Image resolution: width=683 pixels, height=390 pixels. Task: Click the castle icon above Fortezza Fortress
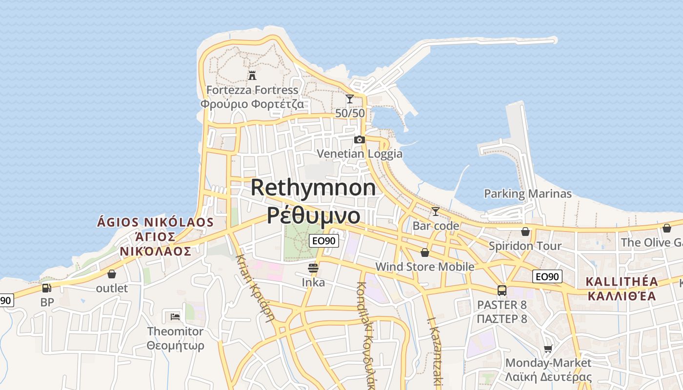point(252,76)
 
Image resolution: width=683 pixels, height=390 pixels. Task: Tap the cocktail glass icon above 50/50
point(349,99)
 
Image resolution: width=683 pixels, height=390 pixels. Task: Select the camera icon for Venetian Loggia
point(360,140)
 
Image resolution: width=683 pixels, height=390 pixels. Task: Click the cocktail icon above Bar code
point(436,212)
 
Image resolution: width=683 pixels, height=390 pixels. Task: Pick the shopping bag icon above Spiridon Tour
point(525,232)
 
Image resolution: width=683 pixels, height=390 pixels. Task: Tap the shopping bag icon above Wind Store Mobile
point(425,253)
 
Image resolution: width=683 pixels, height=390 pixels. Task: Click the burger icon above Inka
point(313,268)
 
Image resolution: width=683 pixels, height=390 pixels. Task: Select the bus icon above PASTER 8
point(502,291)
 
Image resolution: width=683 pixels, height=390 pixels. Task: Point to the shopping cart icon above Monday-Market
point(548,349)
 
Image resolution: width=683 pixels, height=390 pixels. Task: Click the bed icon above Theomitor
point(175,317)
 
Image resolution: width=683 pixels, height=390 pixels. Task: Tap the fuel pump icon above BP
point(47,288)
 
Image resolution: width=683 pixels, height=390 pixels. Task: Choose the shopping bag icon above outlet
point(112,274)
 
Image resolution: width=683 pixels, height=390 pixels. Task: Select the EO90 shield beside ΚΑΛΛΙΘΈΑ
point(547,276)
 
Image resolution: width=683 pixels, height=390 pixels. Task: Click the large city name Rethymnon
point(314,188)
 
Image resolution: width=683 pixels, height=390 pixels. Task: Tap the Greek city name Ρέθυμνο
point(314,215)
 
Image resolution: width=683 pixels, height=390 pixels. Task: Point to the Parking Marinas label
point(527,194)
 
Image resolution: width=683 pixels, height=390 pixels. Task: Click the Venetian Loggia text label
point(360,154)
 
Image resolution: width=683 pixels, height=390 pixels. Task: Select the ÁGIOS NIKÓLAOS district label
point(155,222)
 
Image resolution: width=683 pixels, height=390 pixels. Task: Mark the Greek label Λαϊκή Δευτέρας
point(548,377)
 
